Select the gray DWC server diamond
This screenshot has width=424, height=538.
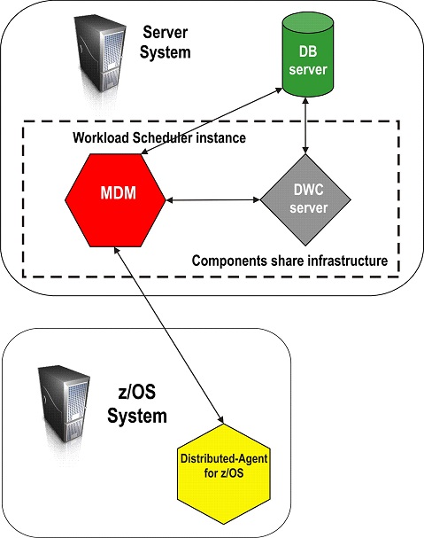tap(305, 201)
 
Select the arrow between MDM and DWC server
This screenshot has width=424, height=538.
tap(212, 201)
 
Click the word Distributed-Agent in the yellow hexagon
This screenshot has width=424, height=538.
tap(224, 460)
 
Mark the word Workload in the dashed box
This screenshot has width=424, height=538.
tap(96, 139)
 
